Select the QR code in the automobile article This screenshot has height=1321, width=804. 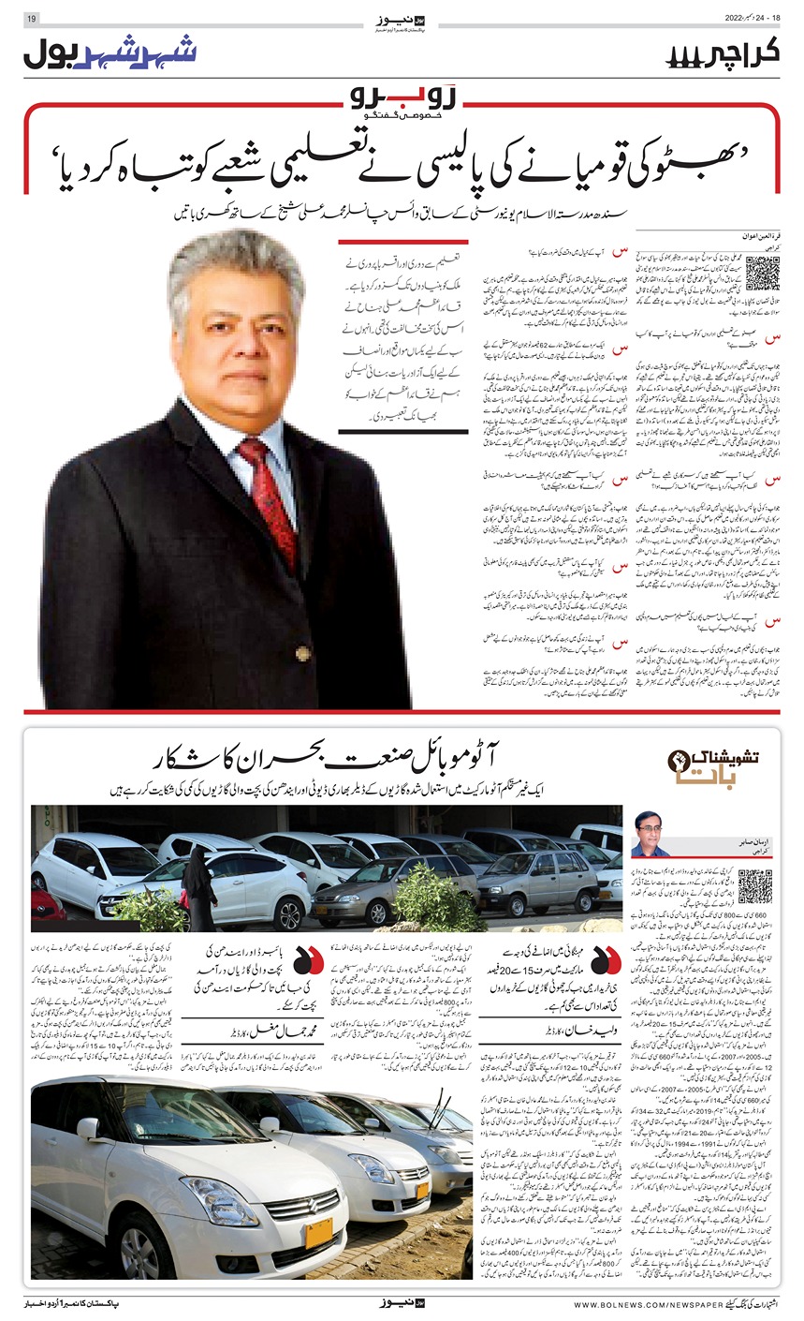point(755,886)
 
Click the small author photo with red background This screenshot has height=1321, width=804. point(650,833)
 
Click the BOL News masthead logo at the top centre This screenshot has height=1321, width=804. point(402,20)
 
